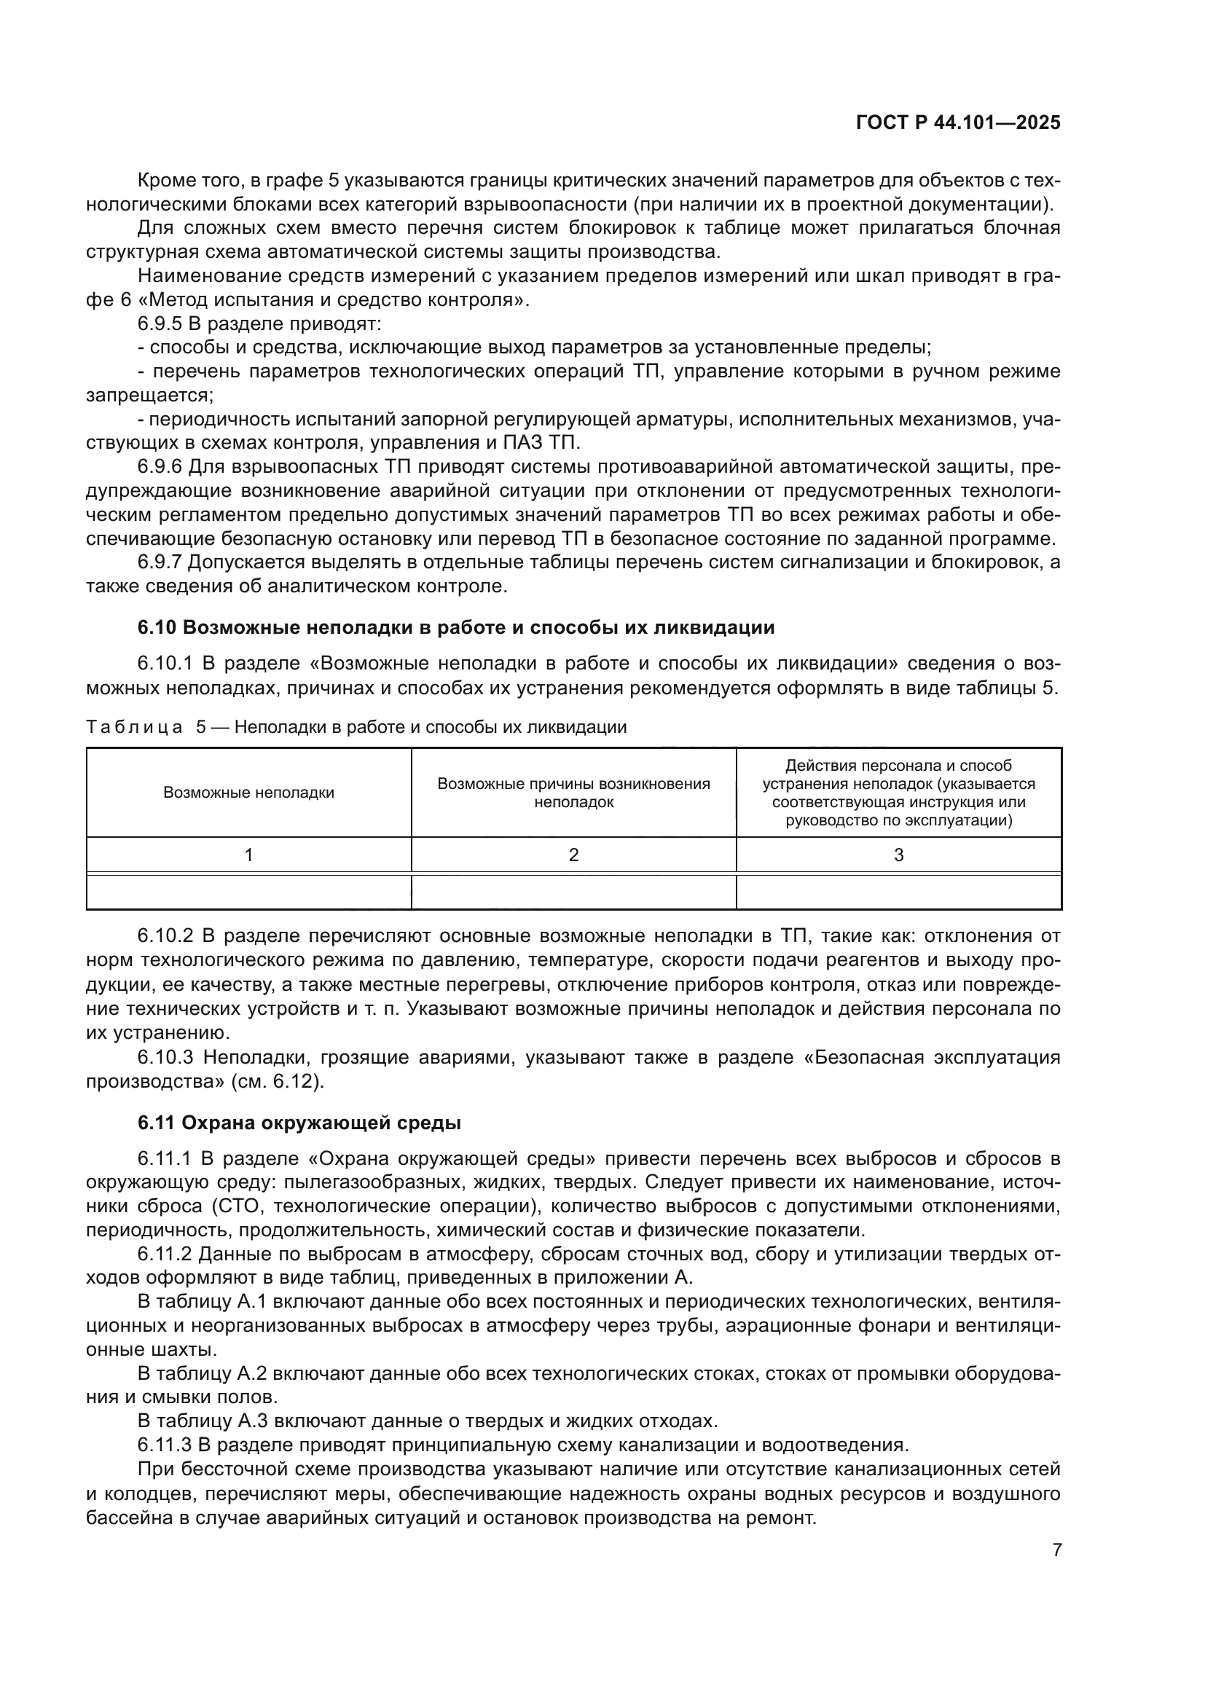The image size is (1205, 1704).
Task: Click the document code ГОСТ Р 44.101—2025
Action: click(x=958, y=123)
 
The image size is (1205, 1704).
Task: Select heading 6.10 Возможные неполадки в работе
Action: click(x=455, y=627)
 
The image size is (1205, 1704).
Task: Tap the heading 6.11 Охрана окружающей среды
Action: click(x=299, y=1123)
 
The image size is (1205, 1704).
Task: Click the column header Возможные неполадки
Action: click(x=248, y=793)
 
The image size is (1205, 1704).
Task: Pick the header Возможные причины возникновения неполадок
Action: click(x=573, y=793)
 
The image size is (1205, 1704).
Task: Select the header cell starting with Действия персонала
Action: click(x=898, y=793)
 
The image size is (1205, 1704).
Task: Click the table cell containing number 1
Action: click(x=248, y=855)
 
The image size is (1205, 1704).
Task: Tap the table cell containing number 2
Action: click(x=573, y=855)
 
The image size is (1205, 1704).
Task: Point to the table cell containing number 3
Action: click(x=898, y=855)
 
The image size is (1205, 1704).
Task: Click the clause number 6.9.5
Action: click(x=160, y=323)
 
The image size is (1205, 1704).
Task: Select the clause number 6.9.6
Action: click(x=160, y=467)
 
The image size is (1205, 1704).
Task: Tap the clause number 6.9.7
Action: click(x=160, y=562)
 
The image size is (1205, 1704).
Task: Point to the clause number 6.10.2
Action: click(x=165, y=936)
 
